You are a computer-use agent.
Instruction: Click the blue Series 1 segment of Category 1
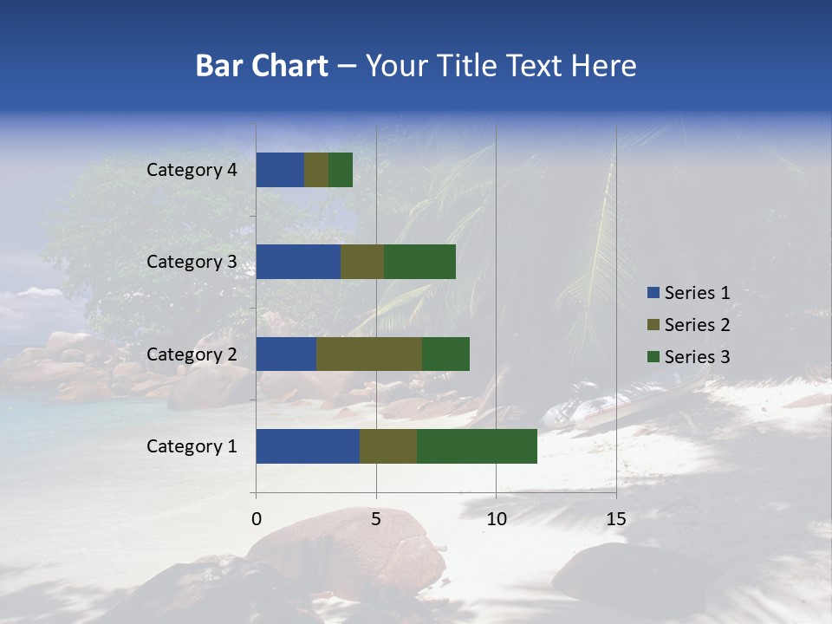(308, 446)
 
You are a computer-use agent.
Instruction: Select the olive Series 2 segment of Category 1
(388, 446)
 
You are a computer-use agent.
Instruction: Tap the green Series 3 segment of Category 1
(477, 446)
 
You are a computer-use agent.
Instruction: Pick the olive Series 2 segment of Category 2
(369, 354)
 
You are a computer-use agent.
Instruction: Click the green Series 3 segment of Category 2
(445, 354)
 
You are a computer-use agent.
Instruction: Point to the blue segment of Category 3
(298, 262)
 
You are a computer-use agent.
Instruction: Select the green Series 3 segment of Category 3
(419, 262)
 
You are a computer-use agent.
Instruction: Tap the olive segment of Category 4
(316, 170)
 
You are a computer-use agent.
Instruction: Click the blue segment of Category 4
(280, 170)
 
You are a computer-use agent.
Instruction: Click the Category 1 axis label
(192, 446)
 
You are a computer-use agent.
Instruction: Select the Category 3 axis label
(192, 262)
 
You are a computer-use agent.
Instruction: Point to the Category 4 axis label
(192, 170)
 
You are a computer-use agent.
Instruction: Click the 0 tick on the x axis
(257, 519)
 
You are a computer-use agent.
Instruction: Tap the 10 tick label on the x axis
(496, 519)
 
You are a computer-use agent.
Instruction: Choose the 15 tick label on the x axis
(616, 519)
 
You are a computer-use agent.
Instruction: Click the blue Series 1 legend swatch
(653, 293)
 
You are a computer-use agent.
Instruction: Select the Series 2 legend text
(697, 325)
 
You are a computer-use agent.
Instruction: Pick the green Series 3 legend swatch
(653, 357)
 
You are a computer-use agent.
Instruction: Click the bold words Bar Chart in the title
(262, 66)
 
